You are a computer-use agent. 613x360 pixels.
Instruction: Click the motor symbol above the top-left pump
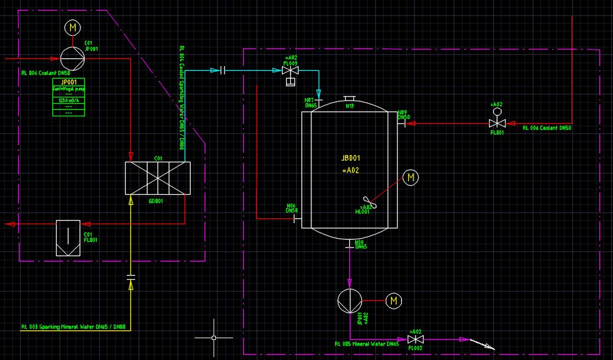point(73,27)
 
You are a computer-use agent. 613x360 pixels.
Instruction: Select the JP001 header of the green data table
point(69,82)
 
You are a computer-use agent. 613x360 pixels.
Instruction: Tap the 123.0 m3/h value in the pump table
point(69,100)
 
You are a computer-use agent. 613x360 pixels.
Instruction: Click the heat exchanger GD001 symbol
point(158,178)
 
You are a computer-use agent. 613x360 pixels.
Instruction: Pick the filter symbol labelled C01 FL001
point(68,237)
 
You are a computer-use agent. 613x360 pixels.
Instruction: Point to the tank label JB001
point(350,158)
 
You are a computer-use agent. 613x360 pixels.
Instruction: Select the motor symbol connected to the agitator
point(411,177)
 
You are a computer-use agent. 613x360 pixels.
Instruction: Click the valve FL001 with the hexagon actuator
point(497,123)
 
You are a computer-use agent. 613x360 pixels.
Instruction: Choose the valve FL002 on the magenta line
point(416,339)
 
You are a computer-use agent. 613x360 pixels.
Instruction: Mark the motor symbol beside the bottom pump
point(394,301)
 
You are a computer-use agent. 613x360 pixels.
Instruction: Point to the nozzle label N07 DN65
point(311,103)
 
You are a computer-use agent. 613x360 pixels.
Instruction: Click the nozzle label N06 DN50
point(291,208)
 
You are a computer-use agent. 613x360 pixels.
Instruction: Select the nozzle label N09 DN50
point(404,114)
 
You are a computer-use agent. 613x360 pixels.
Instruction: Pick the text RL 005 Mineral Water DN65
point(366,343)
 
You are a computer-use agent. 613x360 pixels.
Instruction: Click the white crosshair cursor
point(214,338)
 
